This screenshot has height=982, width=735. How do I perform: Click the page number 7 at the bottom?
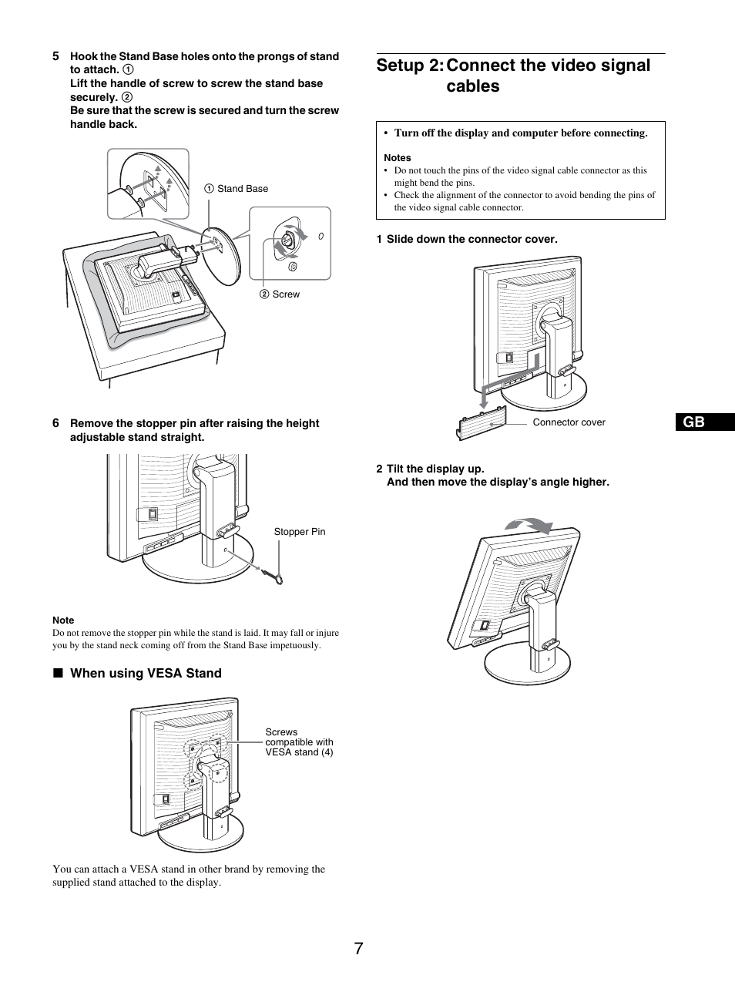click(359, 949)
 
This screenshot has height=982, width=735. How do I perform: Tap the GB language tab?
click(693, 422)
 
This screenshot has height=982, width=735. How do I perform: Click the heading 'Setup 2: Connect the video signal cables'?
click(513, 76)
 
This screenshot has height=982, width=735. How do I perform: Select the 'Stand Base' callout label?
click(242, 189)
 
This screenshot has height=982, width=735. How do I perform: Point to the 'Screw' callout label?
click(285, 294)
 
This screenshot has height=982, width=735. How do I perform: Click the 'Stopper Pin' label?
click(300, 532)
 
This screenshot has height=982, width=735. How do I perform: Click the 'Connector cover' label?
click(569, 422)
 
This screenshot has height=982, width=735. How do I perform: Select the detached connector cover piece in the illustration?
click(482, 425)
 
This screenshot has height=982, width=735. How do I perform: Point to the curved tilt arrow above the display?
click(529, 526)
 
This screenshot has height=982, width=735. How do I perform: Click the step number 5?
click(55, 56)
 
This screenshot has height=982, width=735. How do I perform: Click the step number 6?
click(55, 423)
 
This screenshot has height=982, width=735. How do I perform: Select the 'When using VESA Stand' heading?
click(146, 674)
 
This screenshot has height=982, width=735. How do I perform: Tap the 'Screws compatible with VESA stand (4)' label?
click(299, 742)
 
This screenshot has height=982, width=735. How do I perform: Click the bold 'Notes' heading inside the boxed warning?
click(398, 158)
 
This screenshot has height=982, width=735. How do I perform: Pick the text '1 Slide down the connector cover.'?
click(467, 240)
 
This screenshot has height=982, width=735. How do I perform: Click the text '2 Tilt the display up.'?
click(431, 469)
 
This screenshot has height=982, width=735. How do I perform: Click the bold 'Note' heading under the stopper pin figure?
click(63, 620)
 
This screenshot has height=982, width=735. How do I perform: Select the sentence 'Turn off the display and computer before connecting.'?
click(521, 133)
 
